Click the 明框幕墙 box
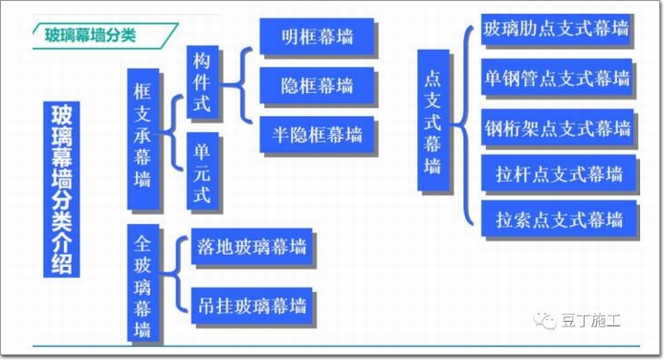point(317,36)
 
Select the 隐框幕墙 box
point(317,85)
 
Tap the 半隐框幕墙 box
point(317,135)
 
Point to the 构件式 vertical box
point(203,81)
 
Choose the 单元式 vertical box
point(203,171)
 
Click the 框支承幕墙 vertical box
point(144,139)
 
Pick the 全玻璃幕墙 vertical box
point(144,282)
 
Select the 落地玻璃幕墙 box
point(252,246)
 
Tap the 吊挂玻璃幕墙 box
point(252,305)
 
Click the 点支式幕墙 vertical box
point(433,121)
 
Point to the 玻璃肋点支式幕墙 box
point(557,29)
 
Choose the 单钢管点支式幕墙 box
point(557,78)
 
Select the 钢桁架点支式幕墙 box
point(558,127)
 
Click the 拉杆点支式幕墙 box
point(559,172)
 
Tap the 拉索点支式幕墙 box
point(559,218)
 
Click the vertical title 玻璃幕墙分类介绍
point(61,190)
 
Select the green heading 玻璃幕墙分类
point(90,34)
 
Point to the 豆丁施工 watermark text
point(591,321)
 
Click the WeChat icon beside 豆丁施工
point(545,321)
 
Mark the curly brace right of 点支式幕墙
point(463,124)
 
